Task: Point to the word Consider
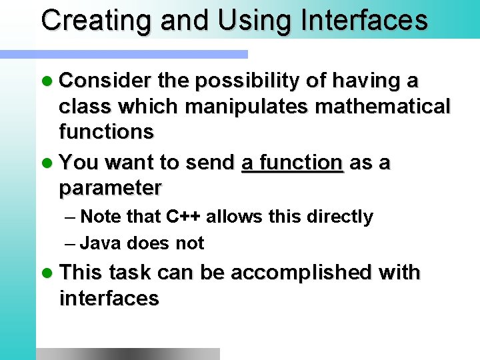coord(105,81)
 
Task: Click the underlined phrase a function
coord(292,163)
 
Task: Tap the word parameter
coord(110,189)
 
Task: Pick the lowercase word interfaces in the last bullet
coord(109,298)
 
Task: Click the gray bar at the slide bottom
coord(127,353)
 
